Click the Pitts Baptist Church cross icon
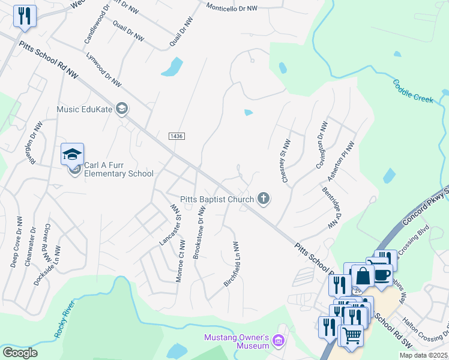pyautogui.click(x=263, y=198)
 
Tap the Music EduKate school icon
pyautogui.click(x=122, y=109)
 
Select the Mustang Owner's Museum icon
pyautogui.click(x=277, y=341)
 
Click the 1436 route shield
pyautogui.click(x=176, y=137)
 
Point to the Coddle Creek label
pyautogui.click(x=414, y=91)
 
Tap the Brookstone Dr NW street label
pyautogui.click(x=199, y=233)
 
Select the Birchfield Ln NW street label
pyautogui.click(x=232, y=264)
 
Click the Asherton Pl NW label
pyautogui.click(x=347, y=161)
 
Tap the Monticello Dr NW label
pyautogui.click(x=231, y=8)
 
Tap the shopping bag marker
pyautogui.click(x=363, y=277)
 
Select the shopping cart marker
pyautogui.click(x=352, y=335)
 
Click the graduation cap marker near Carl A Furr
pyautogui.click(x=72, y=154)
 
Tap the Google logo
pyautogui.click(x=20, y=353)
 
